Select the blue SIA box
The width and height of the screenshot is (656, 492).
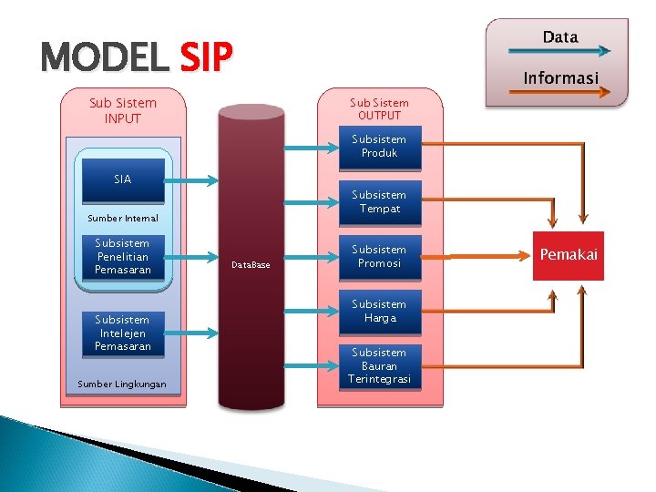[123, 179]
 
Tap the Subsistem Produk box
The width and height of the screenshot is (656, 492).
[379, 147]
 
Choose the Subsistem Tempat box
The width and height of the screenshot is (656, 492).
[379, 202]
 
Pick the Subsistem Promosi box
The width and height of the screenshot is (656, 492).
[379, 257]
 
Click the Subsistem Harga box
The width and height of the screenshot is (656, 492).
[379, 312]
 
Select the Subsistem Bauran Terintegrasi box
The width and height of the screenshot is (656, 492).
[379, 365]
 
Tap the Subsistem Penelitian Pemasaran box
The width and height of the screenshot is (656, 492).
[122, 257]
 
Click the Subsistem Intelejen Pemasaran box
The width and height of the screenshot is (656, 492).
[122, 333]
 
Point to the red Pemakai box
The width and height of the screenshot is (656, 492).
[569, 255]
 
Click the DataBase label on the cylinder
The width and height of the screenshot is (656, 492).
[251, 264]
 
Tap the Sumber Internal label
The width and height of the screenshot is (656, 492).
[123, 219]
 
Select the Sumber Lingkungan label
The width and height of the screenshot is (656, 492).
[122, 384]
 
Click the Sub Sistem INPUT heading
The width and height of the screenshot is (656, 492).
[123, 110]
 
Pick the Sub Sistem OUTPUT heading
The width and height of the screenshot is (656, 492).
[379, 109]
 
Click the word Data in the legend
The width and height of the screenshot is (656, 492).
[560, 37]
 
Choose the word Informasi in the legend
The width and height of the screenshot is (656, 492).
[560, 78]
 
